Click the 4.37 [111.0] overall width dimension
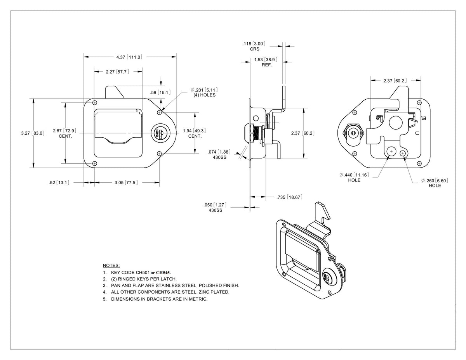pos(129,57)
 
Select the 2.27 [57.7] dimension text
pos(118,72)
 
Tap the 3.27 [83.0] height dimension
pos(33,133)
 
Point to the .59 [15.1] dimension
pos(160,92)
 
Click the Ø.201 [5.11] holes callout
pos(204,92)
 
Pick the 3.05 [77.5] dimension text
pos(126,183)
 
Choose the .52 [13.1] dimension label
pos(59,183)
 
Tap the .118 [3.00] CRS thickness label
pos(254,46)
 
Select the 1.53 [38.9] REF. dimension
pos(266,62)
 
